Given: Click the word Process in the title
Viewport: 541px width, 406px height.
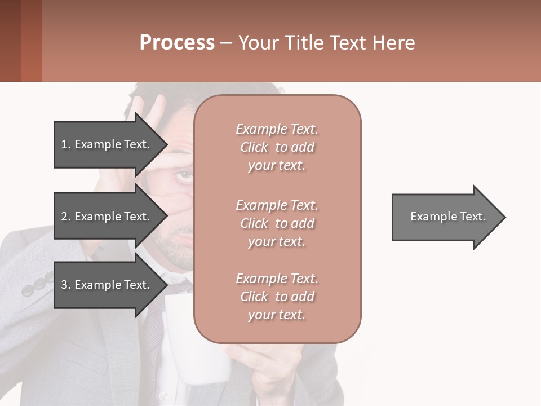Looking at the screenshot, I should [x=177, y=43].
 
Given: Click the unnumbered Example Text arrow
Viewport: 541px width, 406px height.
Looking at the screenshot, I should [x=448, y=217].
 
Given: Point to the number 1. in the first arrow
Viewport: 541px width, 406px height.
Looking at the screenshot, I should [x=66, y=144].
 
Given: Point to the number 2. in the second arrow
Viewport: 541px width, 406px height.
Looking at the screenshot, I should [x=66, y=217].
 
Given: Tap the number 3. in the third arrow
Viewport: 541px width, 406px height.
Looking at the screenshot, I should [x=66, y=285].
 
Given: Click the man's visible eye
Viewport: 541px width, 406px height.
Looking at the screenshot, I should [x=184, y=176].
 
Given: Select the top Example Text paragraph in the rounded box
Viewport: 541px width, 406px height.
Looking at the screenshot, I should [x=277, y=147].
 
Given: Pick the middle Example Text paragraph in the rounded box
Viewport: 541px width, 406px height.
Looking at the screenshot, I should [x=277, y=223].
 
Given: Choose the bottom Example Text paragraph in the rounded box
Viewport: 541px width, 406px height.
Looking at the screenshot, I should [x=277, y=297].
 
